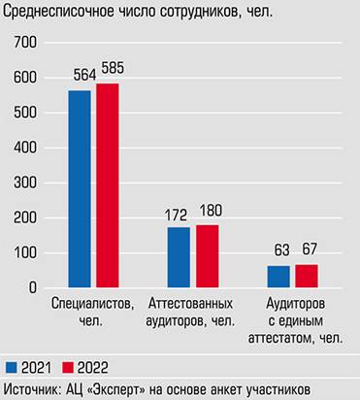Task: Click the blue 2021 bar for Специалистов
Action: (x=80, y=189)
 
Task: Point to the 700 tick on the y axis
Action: (x=26, y=43)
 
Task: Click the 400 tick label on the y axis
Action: (x=26, y=148)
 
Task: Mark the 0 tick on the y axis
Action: (x=33, y=288)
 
